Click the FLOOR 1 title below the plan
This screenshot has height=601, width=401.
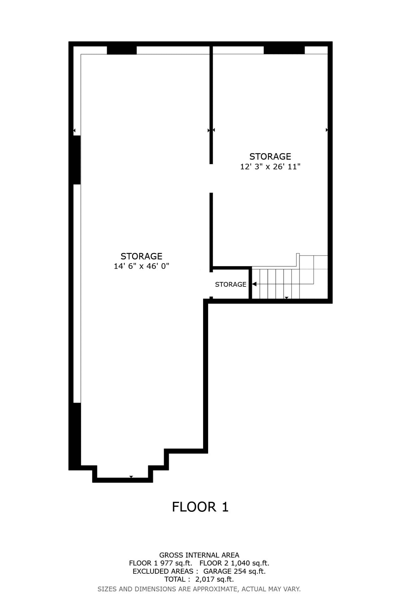click(200, 507)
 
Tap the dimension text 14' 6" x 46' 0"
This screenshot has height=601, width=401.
click(141, 266)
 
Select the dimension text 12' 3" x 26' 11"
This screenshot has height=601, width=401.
click(270, 167)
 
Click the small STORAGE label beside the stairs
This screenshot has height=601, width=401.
click(231, 284)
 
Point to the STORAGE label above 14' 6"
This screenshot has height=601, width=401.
click(141, 256)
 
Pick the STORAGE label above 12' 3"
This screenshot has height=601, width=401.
click(270, 156)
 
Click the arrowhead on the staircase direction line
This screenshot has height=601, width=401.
click(254, 284)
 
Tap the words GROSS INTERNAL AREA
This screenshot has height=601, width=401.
click(199, 555)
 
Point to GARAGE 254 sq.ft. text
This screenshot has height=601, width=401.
click(234, 571)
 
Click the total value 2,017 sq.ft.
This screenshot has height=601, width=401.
click(214, 579)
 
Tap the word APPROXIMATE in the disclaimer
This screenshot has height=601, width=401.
click(215, 589)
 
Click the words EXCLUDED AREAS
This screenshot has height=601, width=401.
click(163, 571)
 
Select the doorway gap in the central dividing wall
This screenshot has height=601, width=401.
click(211, 178)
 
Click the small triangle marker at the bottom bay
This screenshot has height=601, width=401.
click(131, 477)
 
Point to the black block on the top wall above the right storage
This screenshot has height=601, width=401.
click(284, 50)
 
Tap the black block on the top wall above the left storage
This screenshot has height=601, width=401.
click(122, 50)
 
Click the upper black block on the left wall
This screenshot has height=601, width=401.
click(77, 160)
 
